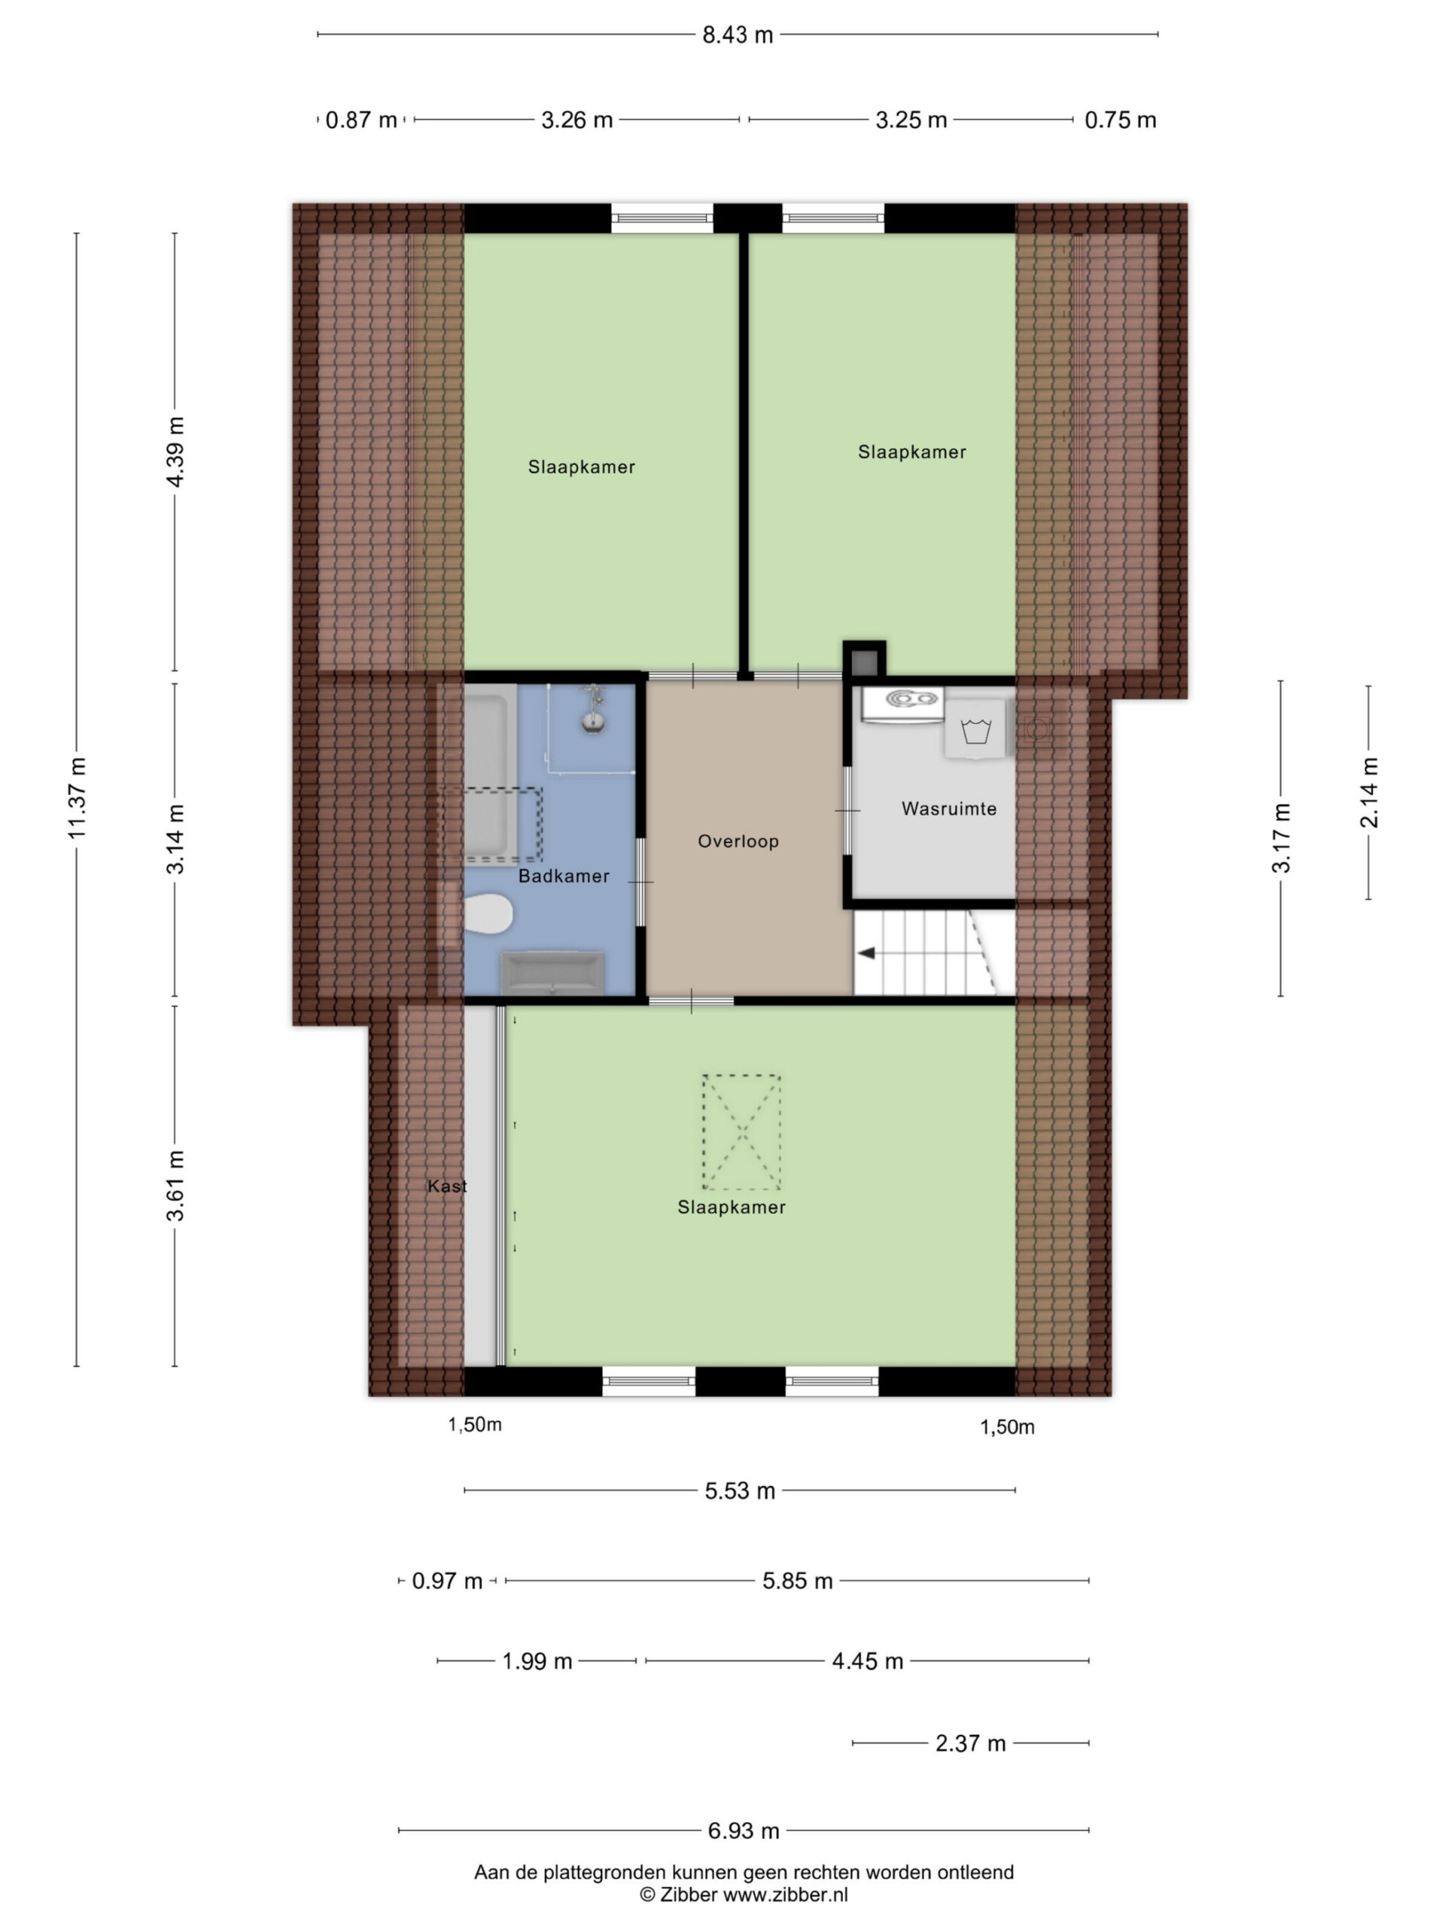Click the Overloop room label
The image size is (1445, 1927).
click(738, 842)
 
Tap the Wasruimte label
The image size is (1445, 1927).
click(948, 808)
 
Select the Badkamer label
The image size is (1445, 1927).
click(564, 876)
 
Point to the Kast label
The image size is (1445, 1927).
click(447, 1186)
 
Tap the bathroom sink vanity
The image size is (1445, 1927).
click(552, 973)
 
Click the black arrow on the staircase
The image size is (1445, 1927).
click(867, 954)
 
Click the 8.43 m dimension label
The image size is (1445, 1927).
click(738, 35)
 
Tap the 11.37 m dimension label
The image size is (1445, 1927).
click(78, 799)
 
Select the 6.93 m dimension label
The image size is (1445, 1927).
click(743, 1831)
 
